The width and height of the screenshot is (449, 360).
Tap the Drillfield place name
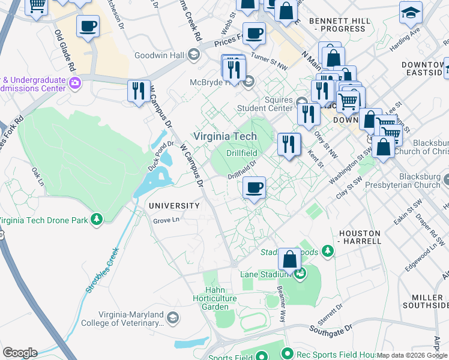click(242, 154)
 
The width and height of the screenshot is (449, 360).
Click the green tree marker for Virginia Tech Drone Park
click(96, 220)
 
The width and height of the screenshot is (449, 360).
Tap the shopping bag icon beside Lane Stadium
click(289, 260)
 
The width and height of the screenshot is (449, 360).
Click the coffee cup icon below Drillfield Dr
click(255, 188)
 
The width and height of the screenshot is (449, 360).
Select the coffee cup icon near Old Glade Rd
click(88, 27)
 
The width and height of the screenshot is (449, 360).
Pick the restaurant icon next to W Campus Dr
click(139, 91)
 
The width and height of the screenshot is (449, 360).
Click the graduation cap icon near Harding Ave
click(411, 13)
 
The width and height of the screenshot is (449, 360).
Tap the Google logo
click(19, 353)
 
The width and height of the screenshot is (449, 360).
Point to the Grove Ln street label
click(166, 220)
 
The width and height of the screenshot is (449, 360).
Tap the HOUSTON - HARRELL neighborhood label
click(360, 236)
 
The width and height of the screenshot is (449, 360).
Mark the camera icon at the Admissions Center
click(75, 82)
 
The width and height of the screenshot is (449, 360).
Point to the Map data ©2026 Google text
click(412, 355)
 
